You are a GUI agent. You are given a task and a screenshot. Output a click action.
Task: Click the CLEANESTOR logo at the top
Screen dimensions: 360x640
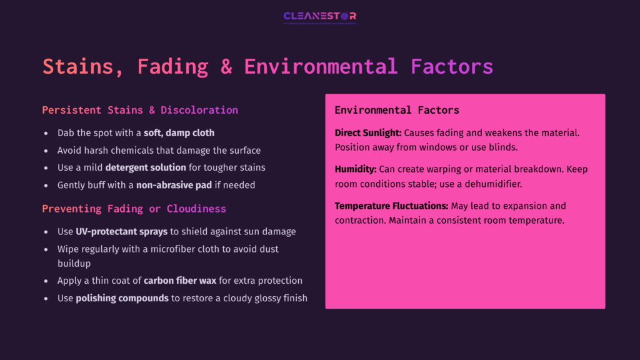[319, 17]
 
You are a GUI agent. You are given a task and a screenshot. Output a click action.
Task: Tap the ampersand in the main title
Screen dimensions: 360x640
[226, 66]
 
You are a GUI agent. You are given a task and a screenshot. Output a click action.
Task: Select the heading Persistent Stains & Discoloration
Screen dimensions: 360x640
[140, 110]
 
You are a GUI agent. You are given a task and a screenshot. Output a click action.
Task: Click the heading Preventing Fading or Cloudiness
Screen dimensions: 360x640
[134, 208]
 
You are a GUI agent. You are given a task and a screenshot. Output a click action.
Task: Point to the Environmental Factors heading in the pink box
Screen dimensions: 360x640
[397, 110]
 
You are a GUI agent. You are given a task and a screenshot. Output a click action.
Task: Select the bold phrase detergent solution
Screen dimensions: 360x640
[146, 167]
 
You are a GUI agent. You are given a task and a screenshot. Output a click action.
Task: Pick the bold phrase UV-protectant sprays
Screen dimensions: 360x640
[121, 231]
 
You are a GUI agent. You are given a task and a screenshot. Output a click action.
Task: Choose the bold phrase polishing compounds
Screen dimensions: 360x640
[122, 298]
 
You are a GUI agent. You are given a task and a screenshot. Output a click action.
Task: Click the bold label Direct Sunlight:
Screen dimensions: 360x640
[368, 132]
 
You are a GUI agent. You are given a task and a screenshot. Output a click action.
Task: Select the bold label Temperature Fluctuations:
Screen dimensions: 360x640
[390, 206]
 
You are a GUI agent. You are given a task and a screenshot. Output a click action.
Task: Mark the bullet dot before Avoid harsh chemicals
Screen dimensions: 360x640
[46, 151]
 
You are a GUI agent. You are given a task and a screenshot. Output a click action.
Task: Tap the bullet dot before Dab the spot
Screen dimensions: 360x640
[46, 133]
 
